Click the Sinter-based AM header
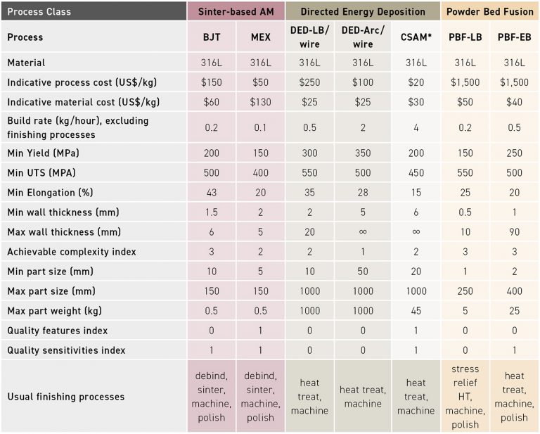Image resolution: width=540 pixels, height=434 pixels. click(x=236, y=12)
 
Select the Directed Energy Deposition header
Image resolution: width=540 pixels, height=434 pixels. click(x=363, y=12)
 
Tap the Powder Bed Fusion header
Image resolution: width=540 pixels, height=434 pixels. click(x=489, y=12)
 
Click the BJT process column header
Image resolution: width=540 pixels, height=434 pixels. click(x=212, y=37)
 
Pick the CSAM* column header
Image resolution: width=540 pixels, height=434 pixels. click(x=416, y=37)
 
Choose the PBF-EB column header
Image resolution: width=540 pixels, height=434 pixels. click(x=515, y=37)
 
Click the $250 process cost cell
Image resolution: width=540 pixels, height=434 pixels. click(x=309, y=82)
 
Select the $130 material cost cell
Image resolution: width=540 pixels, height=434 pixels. click(x=260, y=102)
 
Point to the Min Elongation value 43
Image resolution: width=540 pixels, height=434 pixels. click(x=212, y=193)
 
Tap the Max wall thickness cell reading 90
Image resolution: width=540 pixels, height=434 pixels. click(x=515, y=232)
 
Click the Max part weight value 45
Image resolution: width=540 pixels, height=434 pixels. click(x=416, y=311)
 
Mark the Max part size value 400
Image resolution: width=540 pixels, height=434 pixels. click(x=515, y=291)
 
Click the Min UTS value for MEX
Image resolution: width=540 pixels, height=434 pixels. click(x=260, y=173)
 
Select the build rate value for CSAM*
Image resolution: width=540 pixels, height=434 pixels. click(x=416, y=127)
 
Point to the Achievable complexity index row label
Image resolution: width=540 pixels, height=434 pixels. click(x=72, y=252)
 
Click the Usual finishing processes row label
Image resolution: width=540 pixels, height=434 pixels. click(x=65, y=397)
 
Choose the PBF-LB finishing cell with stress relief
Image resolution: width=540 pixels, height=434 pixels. click(x=465, y=397)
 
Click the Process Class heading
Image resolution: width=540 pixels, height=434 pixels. click(x=39, y=12)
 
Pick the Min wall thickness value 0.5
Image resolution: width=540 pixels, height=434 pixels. click(x=465, y=212)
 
